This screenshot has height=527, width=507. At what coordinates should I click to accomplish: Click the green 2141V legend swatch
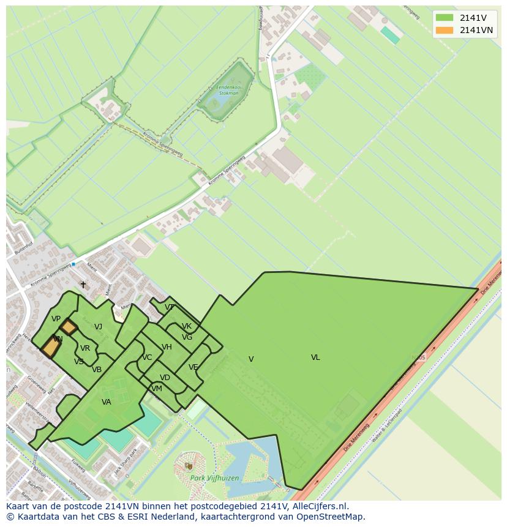click(x=445, y=18)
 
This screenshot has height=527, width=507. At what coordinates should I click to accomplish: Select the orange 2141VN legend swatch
click(x=445, y=30)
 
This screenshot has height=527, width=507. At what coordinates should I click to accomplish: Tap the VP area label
click(x=56, y=319)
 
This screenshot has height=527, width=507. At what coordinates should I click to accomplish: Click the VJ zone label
click(x=98, y=327)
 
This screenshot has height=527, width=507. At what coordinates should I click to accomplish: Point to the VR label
click(x=85, y=348)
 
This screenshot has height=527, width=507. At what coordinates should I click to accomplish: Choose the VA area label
click(x=107, y=402)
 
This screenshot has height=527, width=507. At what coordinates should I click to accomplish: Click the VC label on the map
click(x=147, y=357)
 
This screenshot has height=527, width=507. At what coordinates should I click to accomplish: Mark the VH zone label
click(x=167, y=347)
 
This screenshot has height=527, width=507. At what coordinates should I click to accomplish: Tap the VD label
click(x=165, y=378)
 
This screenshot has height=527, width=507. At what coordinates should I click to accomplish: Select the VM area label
click(x=157, y=389)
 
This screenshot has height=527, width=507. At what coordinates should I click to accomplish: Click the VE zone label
click(x=193, y=367)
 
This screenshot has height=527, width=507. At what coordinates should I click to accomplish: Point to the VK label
click(x=187, y=326)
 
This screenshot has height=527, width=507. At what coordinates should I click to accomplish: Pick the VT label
click(x=169, y=307)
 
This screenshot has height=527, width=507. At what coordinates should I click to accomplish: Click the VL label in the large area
click(x=315, y=357)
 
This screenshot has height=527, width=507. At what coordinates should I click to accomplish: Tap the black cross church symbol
click(x=83, y=285)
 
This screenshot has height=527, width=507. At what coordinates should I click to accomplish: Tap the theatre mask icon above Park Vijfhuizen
click(x=188, y=466)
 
